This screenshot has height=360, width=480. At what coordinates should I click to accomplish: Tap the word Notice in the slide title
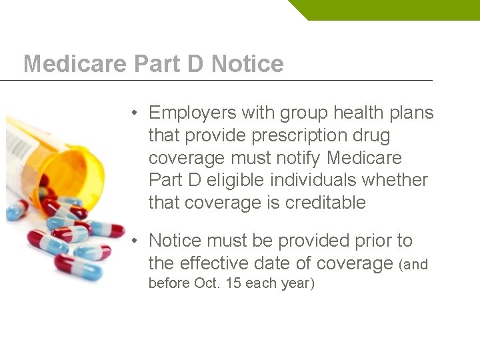click(x=247, y=64)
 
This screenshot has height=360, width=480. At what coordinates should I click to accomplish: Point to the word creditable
click(x=325, y=203)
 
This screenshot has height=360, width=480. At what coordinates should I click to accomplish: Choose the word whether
click(x=402, y=180)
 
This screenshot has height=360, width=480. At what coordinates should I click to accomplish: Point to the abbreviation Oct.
click(x=207, y=283)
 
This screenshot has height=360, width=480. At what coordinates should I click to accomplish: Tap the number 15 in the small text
click(x=233, y=283)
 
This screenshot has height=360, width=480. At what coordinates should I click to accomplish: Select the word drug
click(x=373, y=135)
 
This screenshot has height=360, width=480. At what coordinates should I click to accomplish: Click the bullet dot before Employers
click(x=135, y=113)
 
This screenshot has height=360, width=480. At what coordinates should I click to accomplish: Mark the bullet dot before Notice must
click(x=135, y=241)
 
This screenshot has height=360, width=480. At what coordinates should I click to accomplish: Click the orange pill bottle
click(x=73, y=167)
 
